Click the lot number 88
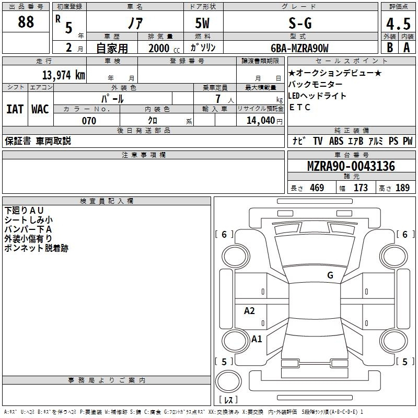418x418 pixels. (26, 21)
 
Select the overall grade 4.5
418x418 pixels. (398, 24)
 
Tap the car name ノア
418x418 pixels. (135, 23)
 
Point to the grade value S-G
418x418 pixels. (300, 24)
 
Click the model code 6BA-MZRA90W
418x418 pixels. (299, 48)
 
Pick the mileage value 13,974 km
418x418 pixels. (63, 75)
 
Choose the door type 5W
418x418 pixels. (202, 23)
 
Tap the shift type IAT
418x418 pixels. (15, 109)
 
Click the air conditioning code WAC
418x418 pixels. (40, 109)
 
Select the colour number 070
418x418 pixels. (89, 121)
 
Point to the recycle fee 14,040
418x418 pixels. (261, 121)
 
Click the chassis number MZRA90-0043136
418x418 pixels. (351, 166)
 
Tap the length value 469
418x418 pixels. (317, 188)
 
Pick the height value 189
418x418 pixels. (402, 188)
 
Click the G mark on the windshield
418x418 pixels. (330, 275)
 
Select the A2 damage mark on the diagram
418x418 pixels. (249, 311)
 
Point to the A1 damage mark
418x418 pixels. (257, 339)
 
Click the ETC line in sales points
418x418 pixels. (300, 107)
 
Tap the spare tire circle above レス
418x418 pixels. (228, 381)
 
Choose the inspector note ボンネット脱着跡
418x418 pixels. (36, 248)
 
